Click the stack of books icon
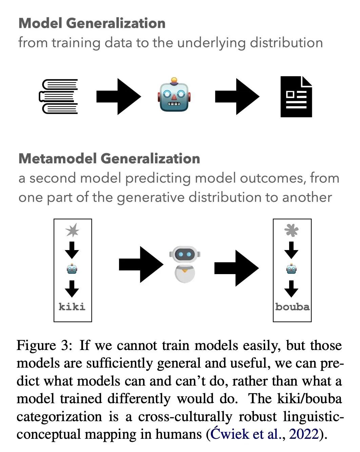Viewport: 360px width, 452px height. [x=58, y=97]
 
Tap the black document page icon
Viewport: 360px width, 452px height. [x=296, y=97]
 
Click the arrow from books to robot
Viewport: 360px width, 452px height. [x=118, y=97]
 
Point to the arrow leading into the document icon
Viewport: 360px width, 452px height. [x=237, y=97]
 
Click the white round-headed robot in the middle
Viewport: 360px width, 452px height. [x=185, y=264]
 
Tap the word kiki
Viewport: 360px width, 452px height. [x=72, y=307]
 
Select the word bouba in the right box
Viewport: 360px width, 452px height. [x=292, y=307]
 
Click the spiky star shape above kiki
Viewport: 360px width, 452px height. [x=72, y=230]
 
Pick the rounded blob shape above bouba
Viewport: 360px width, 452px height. [x=292, y=230]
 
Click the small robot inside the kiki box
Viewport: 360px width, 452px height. [x=72, y=269]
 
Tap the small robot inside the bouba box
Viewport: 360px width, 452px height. [x=292, y=269]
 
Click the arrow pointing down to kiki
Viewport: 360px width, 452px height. [x=72, y=289]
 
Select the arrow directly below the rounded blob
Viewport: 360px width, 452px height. [x=292, y=250]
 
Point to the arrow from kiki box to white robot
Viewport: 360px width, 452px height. [x=141, y=264]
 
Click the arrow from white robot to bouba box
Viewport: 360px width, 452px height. [x=236, y=268]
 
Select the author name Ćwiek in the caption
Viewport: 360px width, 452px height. [x=229, y=434]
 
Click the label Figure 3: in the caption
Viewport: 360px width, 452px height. [x=44, y=346]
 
